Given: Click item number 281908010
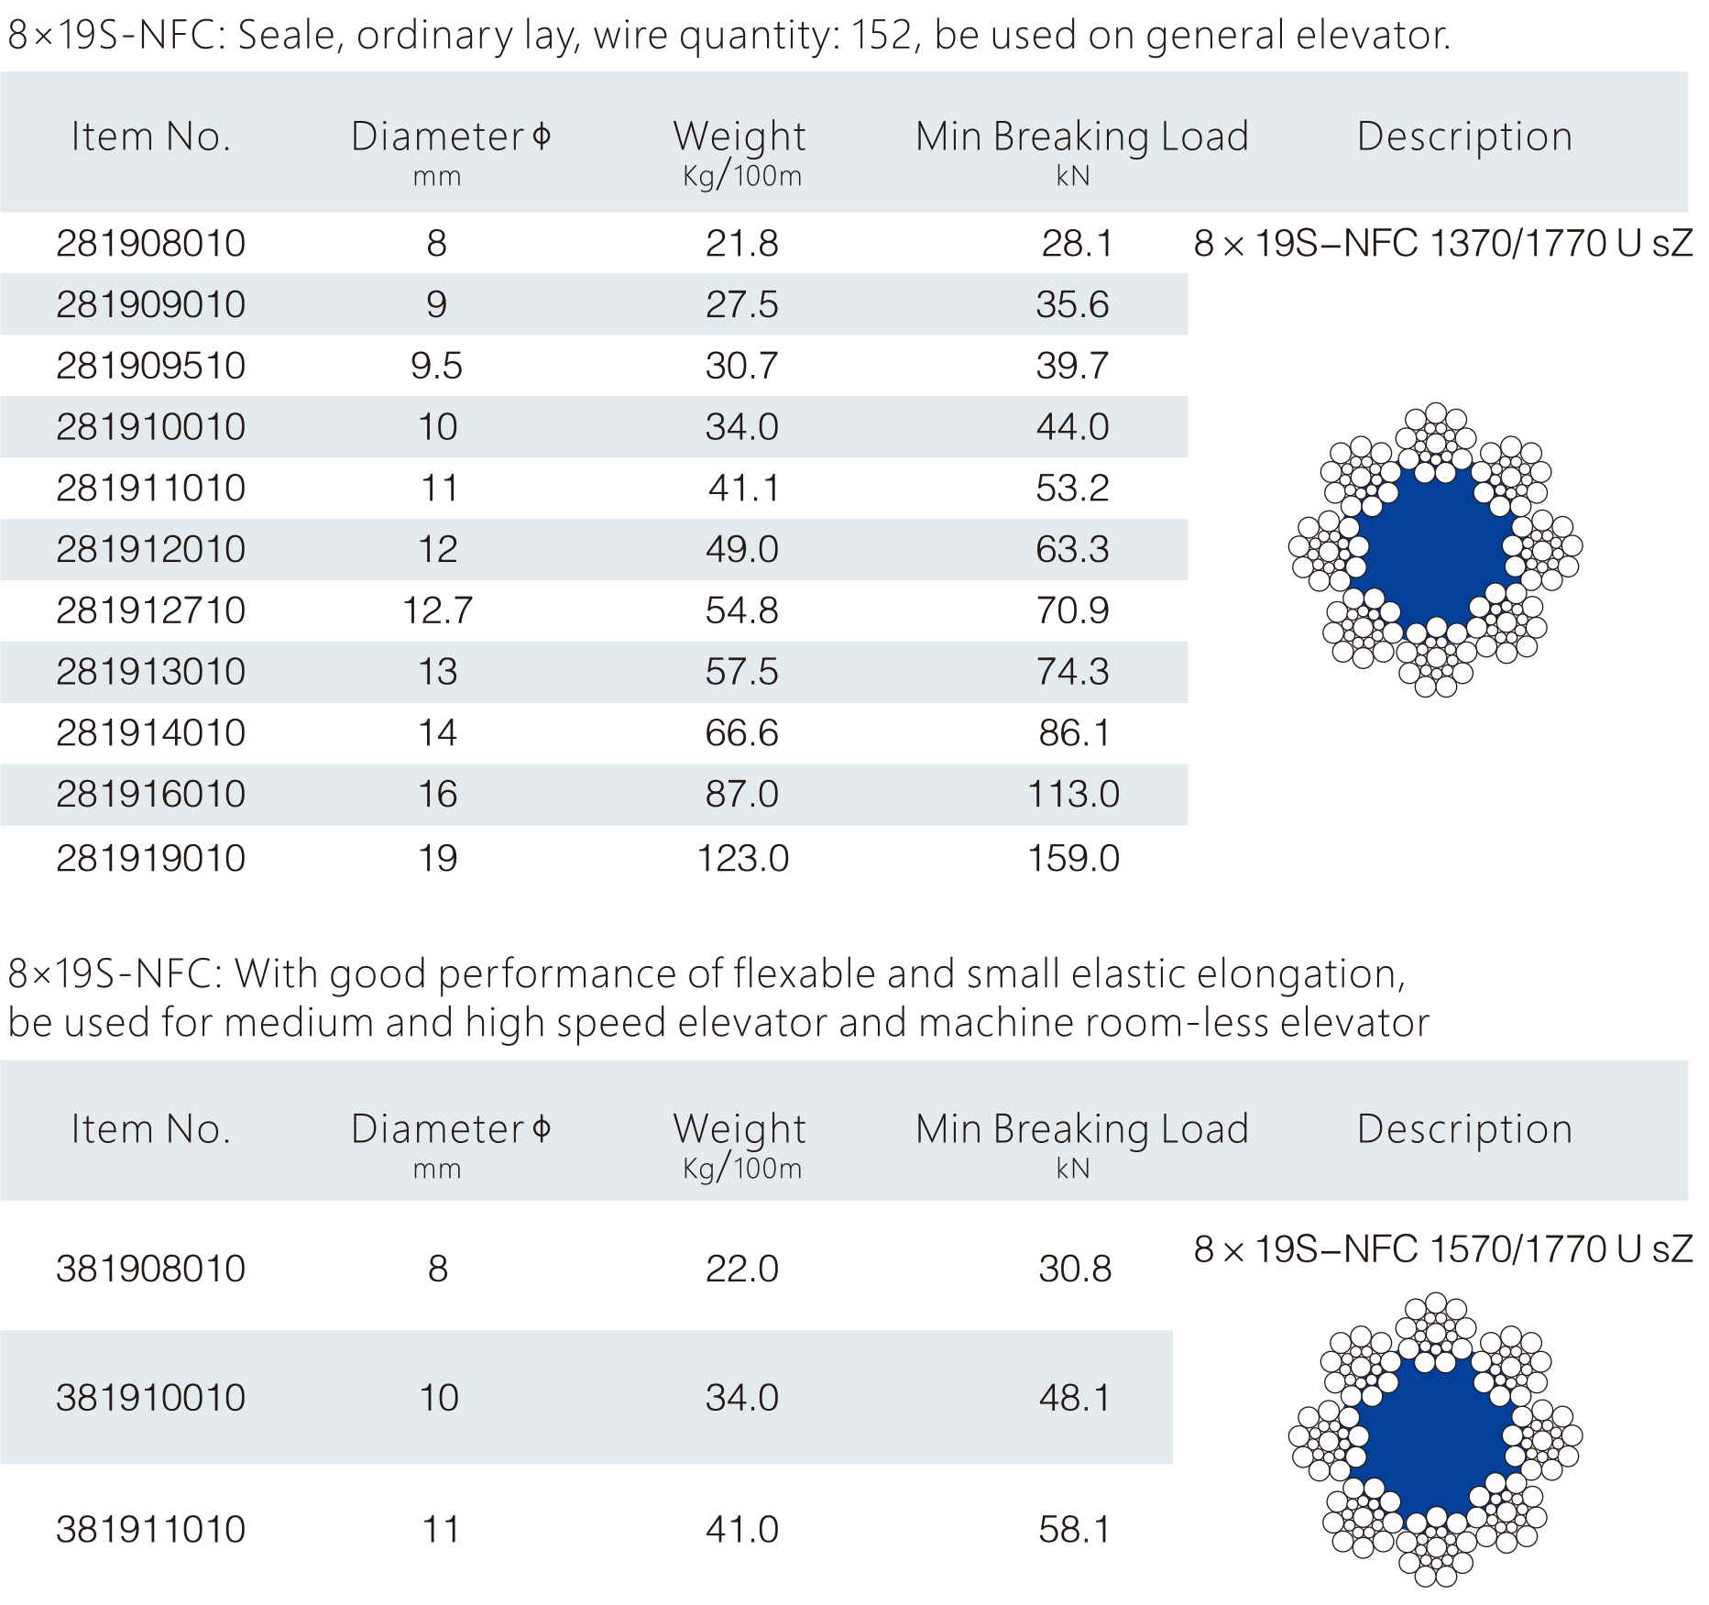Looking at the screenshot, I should pyautogui.click(x=151, y=244).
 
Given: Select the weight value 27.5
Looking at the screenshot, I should pyautogui.click(x=741, y=304).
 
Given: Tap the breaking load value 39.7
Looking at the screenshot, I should pyautogui.click(x=1072, y=366).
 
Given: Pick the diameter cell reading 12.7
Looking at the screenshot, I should pyautogui.click(x=437, y=610).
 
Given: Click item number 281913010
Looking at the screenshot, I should pyautogui.click(x=151, y=672).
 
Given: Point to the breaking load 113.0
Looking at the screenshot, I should pyautogui.click(x=1073, y=794).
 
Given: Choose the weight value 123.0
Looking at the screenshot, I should pyautogui.click(x=742, y=859).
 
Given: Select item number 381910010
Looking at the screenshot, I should pyautogui.click(x=151, y=1398).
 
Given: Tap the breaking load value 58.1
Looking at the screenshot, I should pyautogui.click(x=1074, y=1530).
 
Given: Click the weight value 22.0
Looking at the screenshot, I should pyautogui.click(x=741, y=1270).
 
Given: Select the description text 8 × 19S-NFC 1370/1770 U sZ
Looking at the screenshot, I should pyautogui.click(x=1442, y=244).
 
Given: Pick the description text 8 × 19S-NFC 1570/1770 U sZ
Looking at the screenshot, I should pyautogui.click(x=1442, y=1249).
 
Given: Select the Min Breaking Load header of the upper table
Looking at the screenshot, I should pyautogui.click(x=1081, y=137).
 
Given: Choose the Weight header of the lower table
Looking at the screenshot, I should pyautogui.click(x=739, y=1130).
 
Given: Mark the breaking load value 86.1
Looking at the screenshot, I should pyautogui.click(x=1074, y=733).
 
